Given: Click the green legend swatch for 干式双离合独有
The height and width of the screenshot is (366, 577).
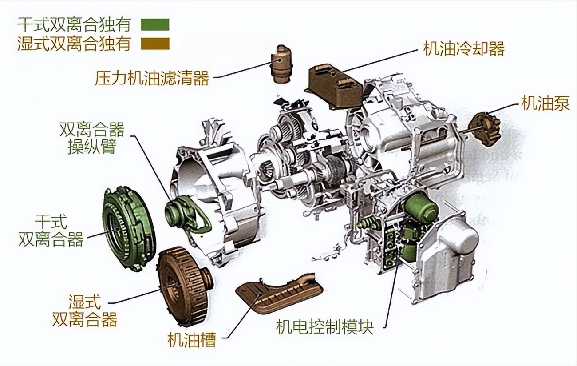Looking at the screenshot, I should click(155, 24).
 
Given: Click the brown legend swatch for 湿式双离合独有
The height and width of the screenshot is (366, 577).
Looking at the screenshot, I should click(155, 44).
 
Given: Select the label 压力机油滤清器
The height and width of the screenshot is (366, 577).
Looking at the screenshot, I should click(152, 79).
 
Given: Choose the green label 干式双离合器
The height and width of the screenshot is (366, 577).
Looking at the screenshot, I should click(51, 231).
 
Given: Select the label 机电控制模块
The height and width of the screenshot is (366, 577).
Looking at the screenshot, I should click(324, 327).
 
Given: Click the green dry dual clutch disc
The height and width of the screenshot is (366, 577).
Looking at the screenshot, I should click(128, 228).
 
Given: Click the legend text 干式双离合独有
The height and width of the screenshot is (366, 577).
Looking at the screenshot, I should click(74, 24).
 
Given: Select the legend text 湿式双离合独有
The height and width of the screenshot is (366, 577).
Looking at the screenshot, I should click(74, 44).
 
